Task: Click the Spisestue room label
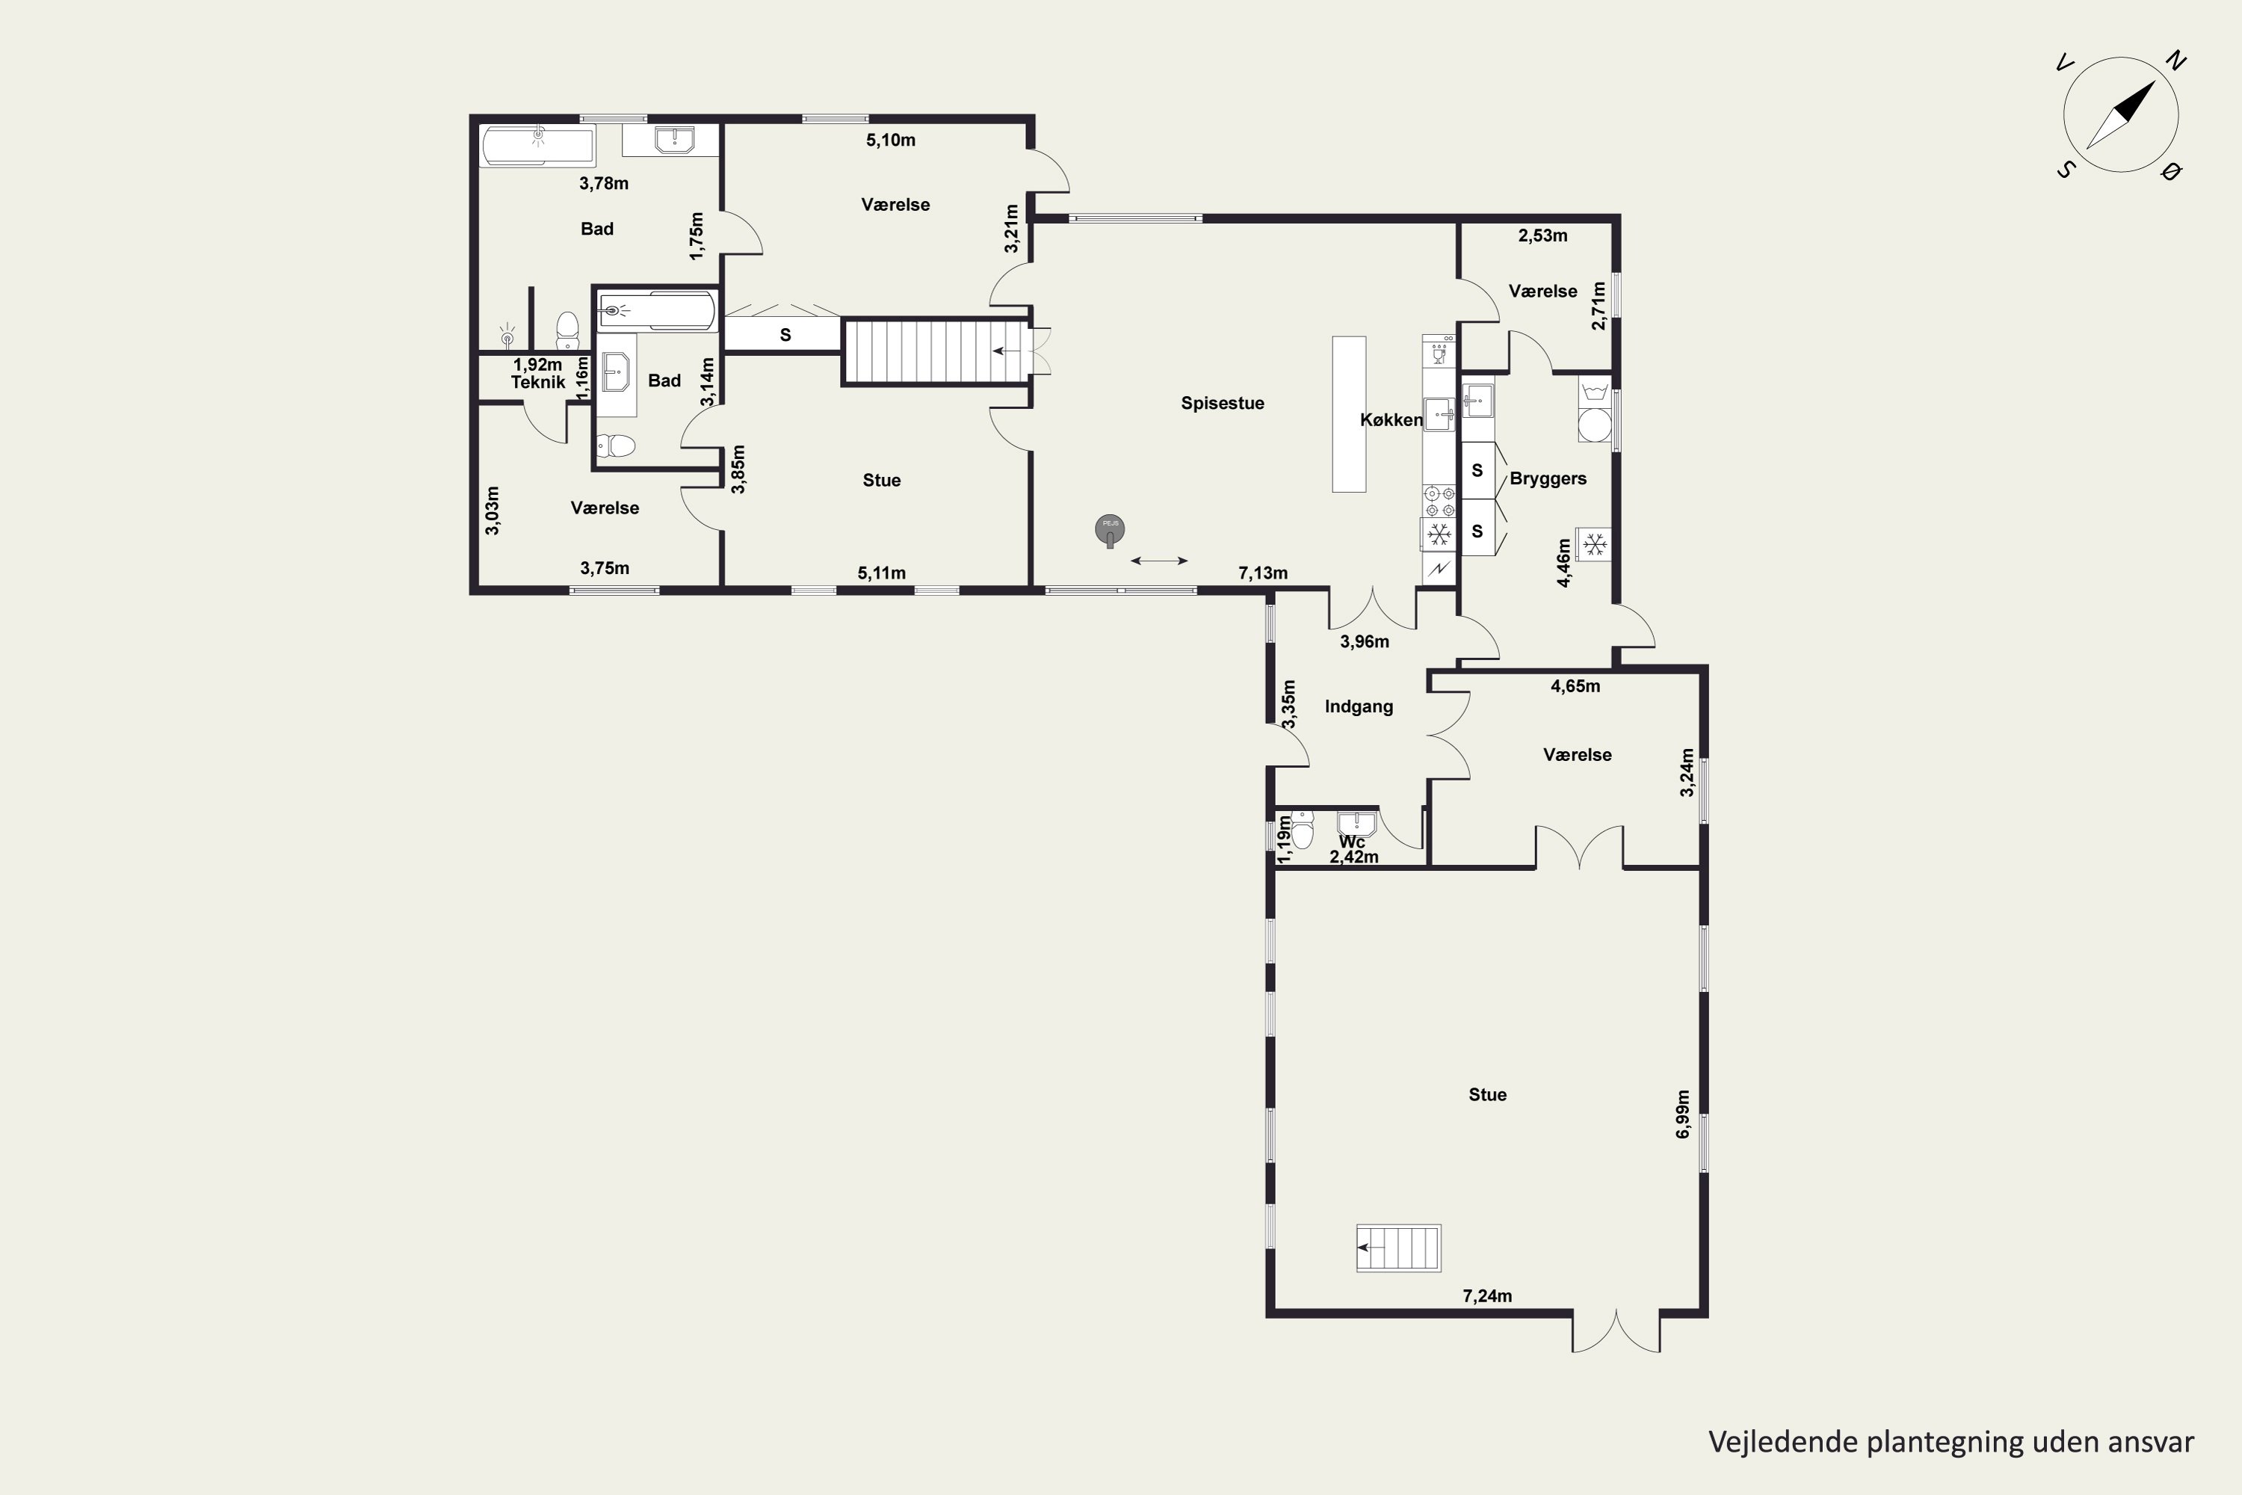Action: coord(1222,404)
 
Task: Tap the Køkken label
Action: coord(1391,419)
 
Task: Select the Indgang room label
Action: coord(1359,706)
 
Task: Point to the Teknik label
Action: coord(537,382)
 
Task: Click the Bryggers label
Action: coord(1548,478)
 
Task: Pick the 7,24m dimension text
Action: coord(1487,1295)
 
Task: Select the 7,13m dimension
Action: coord(1263,573)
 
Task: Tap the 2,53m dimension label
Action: coord(1542,235)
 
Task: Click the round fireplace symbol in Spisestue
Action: coord(1110,529)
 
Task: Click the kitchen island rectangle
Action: coord(1349,414)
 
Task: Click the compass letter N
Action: coord(2175,62)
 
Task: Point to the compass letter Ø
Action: coord(2172,172)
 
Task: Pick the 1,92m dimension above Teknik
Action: coord(537,364)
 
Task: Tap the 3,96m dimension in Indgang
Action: coord(1364,641)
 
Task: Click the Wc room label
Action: coord(1352,842)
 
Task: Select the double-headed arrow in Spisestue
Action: coord(1159,561)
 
